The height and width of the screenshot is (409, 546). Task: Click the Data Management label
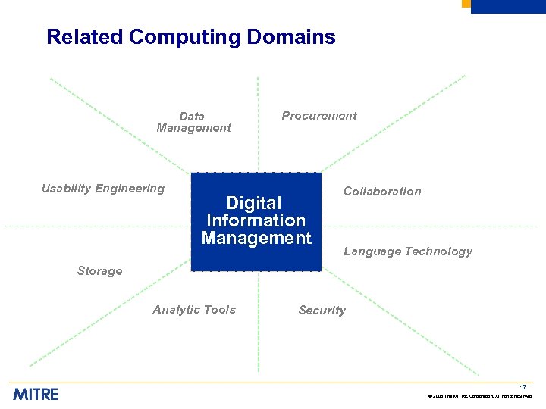193,122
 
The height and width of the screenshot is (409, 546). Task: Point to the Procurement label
319,116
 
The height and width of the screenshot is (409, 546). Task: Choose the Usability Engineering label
103,189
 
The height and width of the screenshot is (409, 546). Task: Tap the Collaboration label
382,192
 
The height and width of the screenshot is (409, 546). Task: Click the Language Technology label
408,251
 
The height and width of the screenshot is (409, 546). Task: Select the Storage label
99,271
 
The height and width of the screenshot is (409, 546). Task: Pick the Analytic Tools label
194,310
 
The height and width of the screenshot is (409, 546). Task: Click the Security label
322,311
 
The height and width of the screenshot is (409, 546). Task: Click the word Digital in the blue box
254,203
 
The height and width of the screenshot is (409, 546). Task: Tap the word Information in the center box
256,220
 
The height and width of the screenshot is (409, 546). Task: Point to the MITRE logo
35,393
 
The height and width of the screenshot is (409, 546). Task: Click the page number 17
523,387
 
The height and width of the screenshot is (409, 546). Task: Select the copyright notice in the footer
480,397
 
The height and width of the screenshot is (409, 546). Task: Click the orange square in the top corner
466,4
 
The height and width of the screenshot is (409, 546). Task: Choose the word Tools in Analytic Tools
219,310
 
